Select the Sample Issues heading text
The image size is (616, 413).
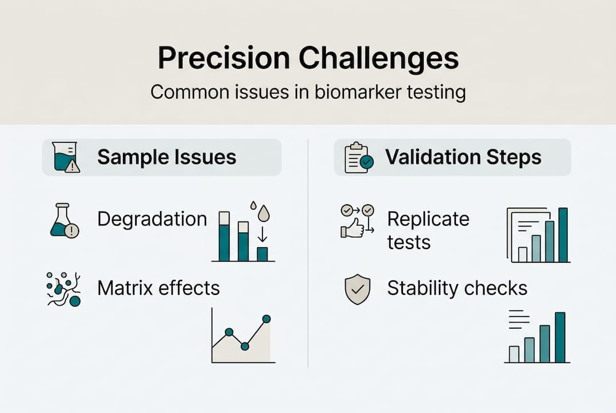pyautogui.click(x=166, y=157)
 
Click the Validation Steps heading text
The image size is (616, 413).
pyautogui.click(x=463, y=157)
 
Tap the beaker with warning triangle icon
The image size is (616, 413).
pyautogui.click(x=65, y=157)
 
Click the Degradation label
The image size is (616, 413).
pyautogui.click(x=152, y=219)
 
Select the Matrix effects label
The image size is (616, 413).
pyautogui.click(x=158, y=287)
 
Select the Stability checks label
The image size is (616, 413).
pyautogui.click(x=457, y=288)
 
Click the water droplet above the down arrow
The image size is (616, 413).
pyautogui.click(x=263, y=213)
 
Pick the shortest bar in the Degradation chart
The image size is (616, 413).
pyautogui.click(x=262, y=254)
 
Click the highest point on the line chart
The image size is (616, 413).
pyautogui.click(x=266, y=318)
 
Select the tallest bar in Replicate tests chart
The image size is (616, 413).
pyautogui.click(x=563, y=235)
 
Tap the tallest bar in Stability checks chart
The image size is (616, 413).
pyautogui.click(x=560, y=337)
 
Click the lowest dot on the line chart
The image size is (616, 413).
pyautogui.click(x=245, y=346)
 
